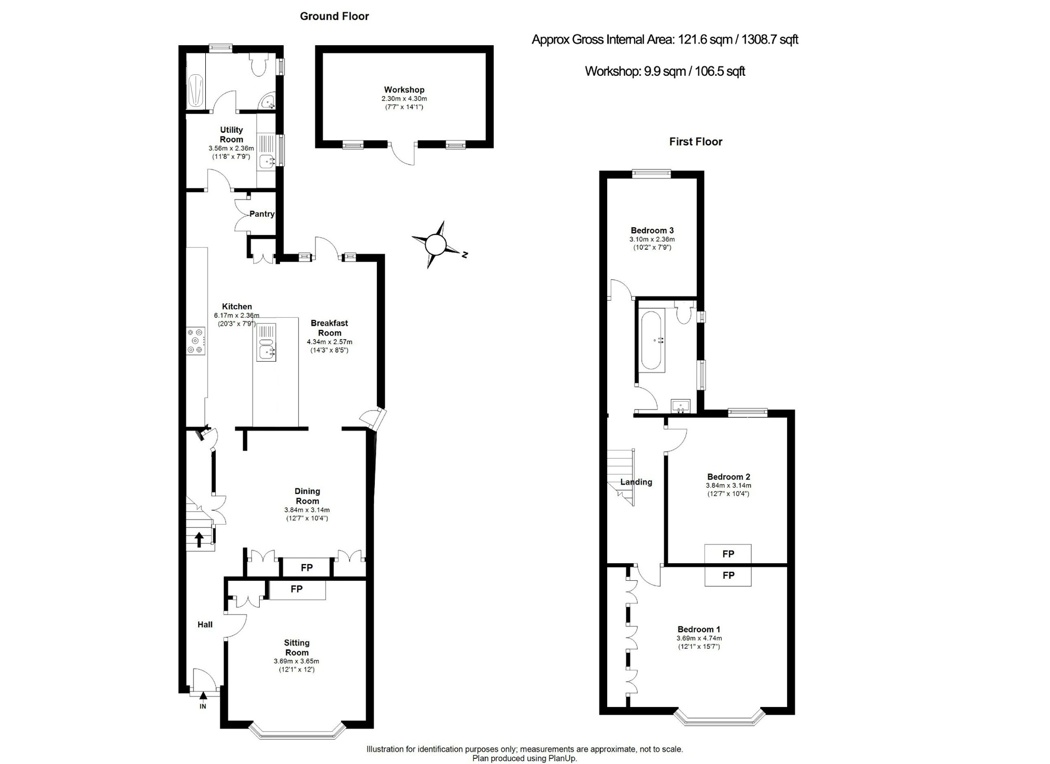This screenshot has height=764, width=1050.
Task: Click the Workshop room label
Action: coord(404,90)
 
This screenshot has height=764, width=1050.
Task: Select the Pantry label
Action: coord(262,214)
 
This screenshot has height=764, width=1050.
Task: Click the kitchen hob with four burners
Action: coord(196,341)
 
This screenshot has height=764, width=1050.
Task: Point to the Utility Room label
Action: coord(231,134)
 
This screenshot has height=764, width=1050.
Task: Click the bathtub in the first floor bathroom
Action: coord(653,340)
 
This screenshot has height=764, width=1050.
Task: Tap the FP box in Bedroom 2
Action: coord(728,554)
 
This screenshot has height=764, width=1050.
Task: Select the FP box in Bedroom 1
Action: coord(728,576)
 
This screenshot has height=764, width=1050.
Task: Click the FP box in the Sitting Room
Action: coord(297,590)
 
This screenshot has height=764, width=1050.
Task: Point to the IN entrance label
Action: coord(203,706)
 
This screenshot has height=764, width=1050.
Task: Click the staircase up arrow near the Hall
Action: coord(199,539)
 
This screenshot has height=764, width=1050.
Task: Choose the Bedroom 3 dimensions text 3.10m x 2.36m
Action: coord(652,239)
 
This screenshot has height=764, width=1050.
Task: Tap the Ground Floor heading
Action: coord(334,16)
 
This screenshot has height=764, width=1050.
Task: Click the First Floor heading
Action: coord(695,142)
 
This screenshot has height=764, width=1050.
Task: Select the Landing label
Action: coord(636,482)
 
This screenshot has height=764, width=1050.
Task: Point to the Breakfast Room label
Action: coord(329,328)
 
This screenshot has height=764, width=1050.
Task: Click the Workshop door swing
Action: coord(403,154)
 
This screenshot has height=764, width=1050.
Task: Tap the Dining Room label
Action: coord(307,496)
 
